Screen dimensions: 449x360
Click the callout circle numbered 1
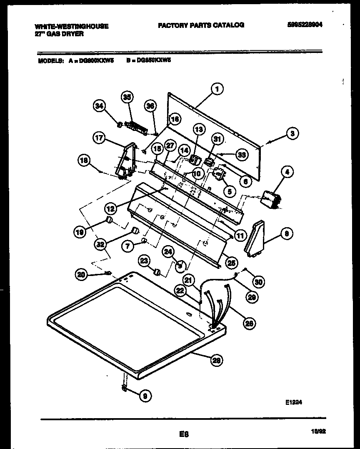click(x=216, y=88)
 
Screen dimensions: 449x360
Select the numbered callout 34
click(x=98, y=106)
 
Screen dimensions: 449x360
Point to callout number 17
click(x=99, y=139)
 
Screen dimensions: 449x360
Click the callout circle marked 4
click(x=287, y=171)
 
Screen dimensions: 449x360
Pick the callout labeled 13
click(x=199, y=130)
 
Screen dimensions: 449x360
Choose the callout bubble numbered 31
click(x=218, y=139)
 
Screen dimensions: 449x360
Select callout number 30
click(x=258, y=282)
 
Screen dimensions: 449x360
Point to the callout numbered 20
click(x=82, y=274)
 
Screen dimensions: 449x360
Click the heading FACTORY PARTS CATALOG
click(x=201, y=25)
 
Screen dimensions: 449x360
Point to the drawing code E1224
click(x=293, y=403)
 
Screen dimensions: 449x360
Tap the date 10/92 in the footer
click(x=318, y=433)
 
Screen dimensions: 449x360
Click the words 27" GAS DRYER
click(x=59, y=34)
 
